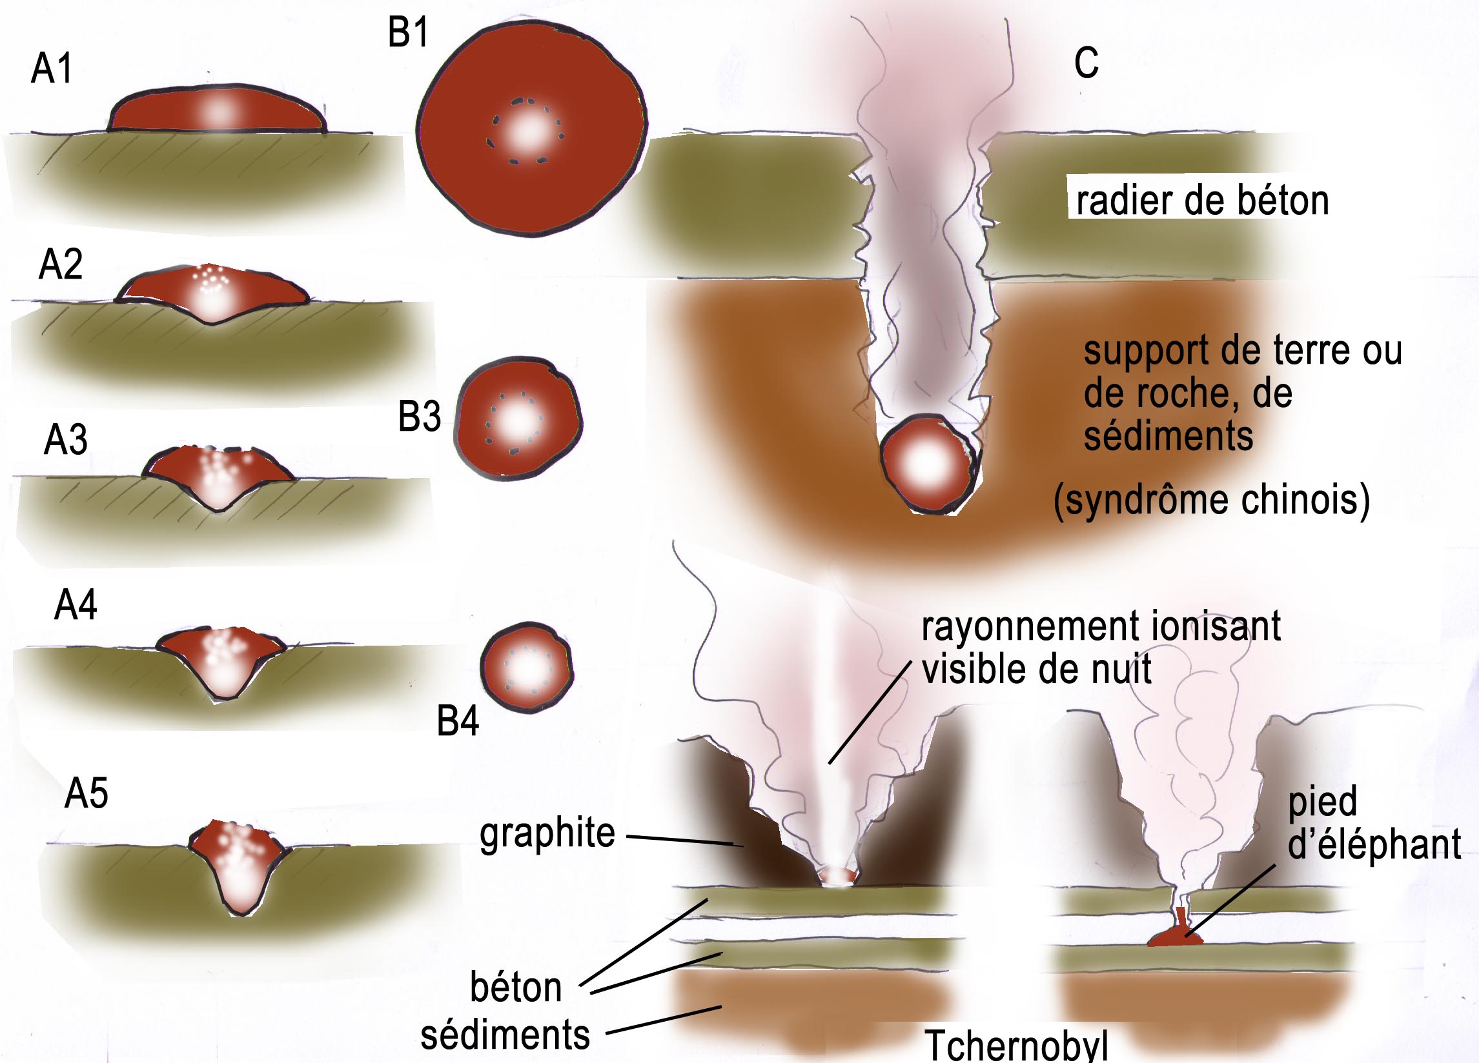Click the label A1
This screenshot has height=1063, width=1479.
pos(52,68)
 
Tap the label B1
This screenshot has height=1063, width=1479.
pos(408,33)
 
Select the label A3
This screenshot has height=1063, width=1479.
pos(65,440)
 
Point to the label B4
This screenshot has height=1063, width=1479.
pos(457,722)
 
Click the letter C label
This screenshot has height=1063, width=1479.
pos(1086,63)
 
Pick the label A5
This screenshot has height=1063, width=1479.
pos(86,794)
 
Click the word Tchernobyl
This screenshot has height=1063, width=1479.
pos(1016,1046)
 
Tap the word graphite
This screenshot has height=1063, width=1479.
pos(547,833)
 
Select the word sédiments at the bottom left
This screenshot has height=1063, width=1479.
pos(505,1035)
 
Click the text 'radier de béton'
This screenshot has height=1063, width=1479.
pos(1202,200)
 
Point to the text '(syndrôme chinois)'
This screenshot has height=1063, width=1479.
pos(1212,501)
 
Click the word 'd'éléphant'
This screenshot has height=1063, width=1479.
pos(1374,846)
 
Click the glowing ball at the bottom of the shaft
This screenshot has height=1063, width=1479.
pos(928,463)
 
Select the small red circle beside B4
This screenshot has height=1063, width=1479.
pos(526,668)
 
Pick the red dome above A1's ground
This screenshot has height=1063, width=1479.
pos(217,111)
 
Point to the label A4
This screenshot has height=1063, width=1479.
pos(76,606)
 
